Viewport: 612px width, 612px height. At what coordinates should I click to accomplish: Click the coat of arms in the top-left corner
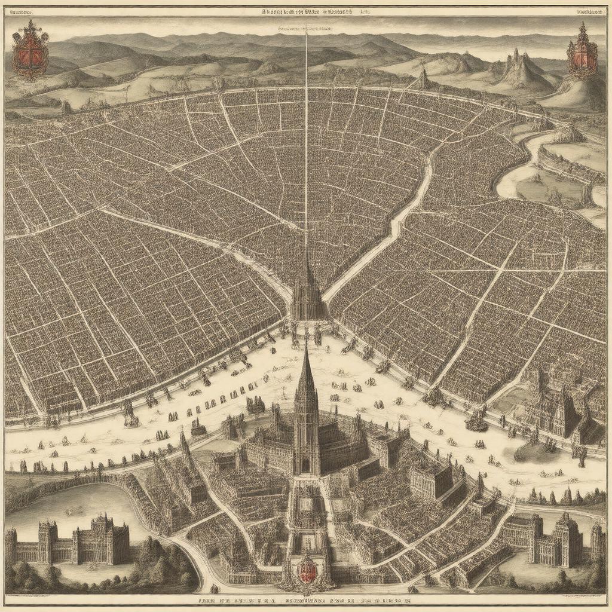pos(30,50)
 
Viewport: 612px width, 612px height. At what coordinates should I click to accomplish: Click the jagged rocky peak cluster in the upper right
pos(520,69)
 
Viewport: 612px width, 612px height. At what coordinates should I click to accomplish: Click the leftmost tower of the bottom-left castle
pos(11,544)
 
